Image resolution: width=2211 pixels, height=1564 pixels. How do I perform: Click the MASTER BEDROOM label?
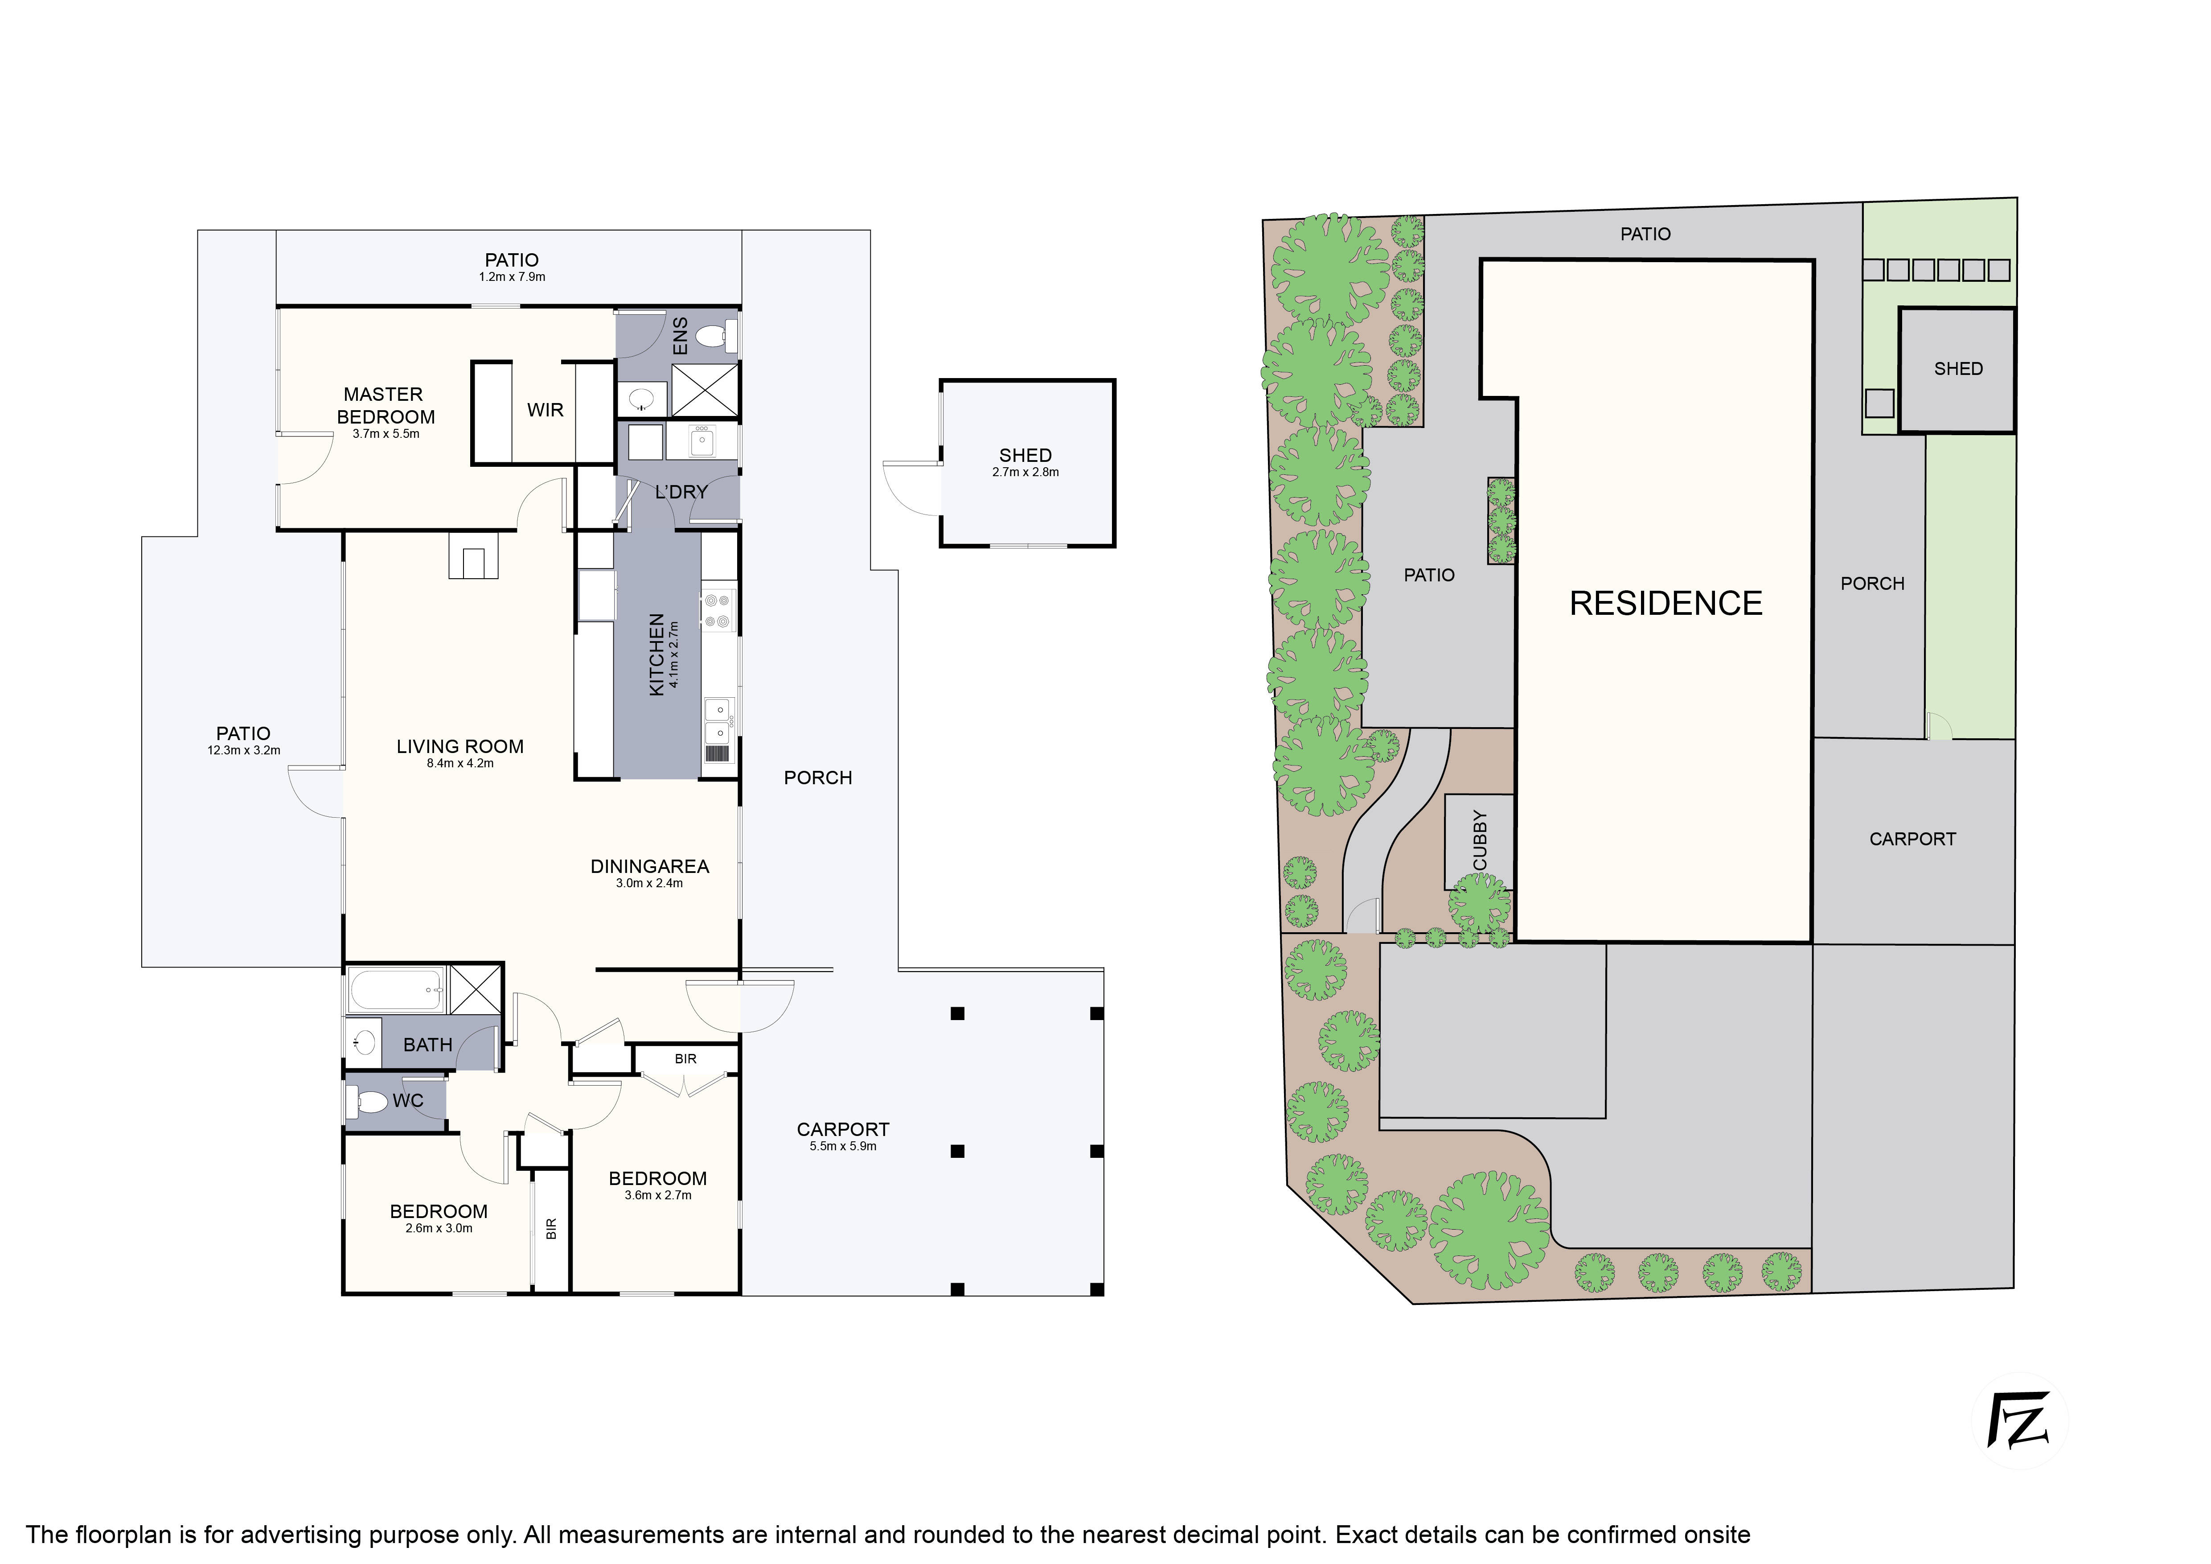pyautogui.click(x=385, y=405)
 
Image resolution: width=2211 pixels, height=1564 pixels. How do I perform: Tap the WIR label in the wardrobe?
pyautogui.click(x=545, y=410)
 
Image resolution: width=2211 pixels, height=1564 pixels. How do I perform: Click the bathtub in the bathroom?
pyautogui.click(x=396, y=991)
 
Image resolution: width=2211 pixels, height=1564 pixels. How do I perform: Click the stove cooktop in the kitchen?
pyautogui.click(x=718, y=609)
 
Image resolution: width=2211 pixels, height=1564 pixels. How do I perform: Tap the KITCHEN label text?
pyautogui.click(x=657, y=655)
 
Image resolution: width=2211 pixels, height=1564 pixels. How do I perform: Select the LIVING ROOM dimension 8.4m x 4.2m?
pyautogui.click(x=460, y=764)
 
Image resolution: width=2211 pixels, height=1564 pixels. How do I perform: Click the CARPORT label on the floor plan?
pyautogui.click(x=843, y=1130)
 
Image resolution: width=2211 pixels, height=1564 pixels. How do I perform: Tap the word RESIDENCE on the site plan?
pyautogui.click(x=1666, y=604)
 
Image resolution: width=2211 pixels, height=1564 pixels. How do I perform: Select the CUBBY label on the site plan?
pyautogui.click(x=1480, y=841)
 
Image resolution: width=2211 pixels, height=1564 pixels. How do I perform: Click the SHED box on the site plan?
pyautogui.click(x=1957, y=370)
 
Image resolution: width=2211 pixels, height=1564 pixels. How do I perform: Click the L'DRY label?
pyautogui.click(x=682, y=492)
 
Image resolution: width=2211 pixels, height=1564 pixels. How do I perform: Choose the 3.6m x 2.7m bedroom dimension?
pyautogui.click(x=658, y=1195)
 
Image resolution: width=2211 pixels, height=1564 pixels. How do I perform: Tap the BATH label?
pyautogui.click(x=427, y=1045)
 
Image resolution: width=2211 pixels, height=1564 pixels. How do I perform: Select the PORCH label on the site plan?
pyautogui.click(x=1872, y=584)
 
